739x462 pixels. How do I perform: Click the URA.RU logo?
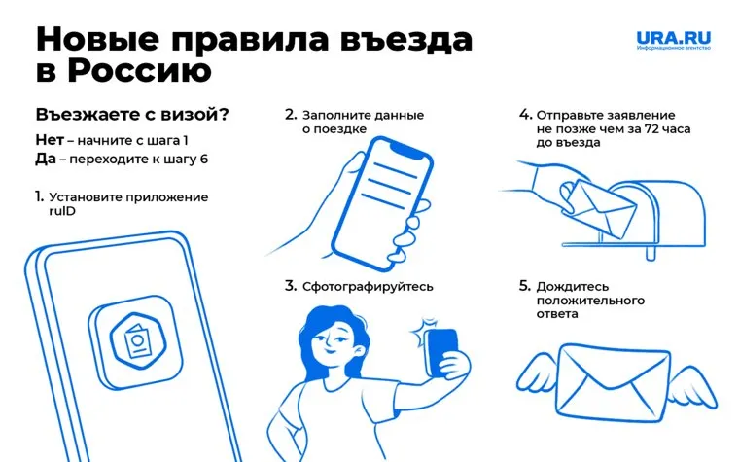[674, 40]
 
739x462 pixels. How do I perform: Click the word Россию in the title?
[140, 71]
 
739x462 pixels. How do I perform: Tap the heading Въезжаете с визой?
[132, 115]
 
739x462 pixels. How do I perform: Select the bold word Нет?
[50, 140]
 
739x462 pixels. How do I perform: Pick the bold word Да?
[46, 159]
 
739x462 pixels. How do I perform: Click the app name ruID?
[62, 211]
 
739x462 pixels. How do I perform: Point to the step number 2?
[291, 115]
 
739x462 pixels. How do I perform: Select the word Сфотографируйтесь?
[368, 287]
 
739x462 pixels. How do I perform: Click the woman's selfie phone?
[441, 352]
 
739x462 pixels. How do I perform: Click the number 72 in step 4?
[651, 128]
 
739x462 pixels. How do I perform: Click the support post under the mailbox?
[651, 254]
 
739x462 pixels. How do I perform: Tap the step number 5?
[524, 286]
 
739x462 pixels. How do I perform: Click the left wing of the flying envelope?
[539, 377]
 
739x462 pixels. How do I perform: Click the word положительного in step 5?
[590, 301]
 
